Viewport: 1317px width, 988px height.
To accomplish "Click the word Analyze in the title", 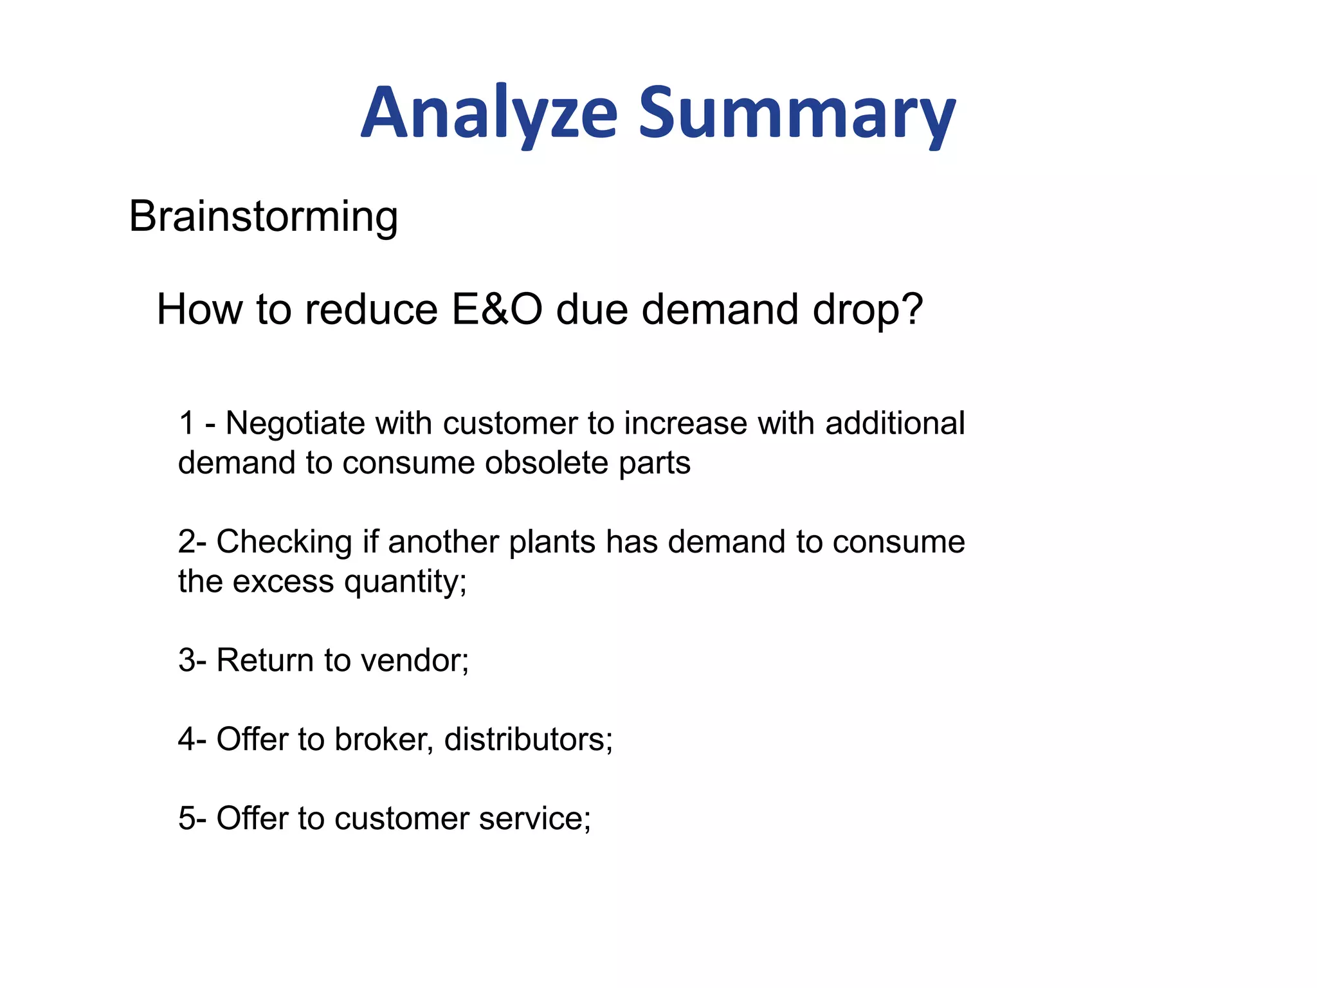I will pos(489,114).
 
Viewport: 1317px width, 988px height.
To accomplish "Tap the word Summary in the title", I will pos(797,114).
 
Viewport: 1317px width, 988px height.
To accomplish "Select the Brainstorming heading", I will pos(264,217).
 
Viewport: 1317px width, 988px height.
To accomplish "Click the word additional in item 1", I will pos(895,423).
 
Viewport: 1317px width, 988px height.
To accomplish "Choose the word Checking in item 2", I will pos(284,542).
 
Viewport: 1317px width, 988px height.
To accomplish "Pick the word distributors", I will pos(527,740).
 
